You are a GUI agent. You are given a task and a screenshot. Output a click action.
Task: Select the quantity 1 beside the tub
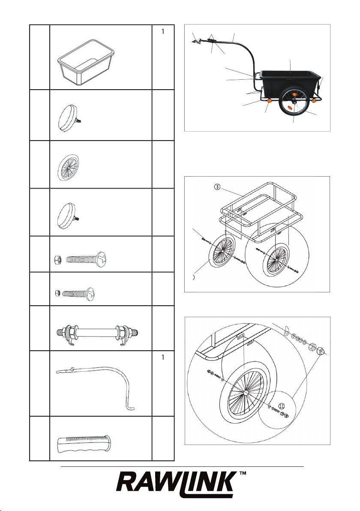pyautogui.click(x=163, y=32)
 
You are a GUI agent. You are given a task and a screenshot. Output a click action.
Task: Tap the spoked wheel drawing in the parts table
pyautogui.click(x=68, y=168)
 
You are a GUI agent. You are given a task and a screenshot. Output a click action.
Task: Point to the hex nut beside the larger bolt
pyautogui.click(x=57, y=260)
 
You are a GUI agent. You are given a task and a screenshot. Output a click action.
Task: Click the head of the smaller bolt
pyautogui.click(x=91, y=294)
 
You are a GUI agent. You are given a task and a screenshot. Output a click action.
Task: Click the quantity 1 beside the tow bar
pyautogui.click(x=163, y=358)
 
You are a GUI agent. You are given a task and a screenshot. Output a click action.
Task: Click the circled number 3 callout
pyautogui.click(x=217, y=187)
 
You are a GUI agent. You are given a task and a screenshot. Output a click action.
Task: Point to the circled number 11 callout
pyautogui.click(x=281, y=406)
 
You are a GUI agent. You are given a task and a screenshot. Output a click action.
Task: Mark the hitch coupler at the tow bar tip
pyautogui.click(x=196, y=41)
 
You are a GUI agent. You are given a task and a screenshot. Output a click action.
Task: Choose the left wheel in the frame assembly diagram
pyautogui.click(x=222, y=250)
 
